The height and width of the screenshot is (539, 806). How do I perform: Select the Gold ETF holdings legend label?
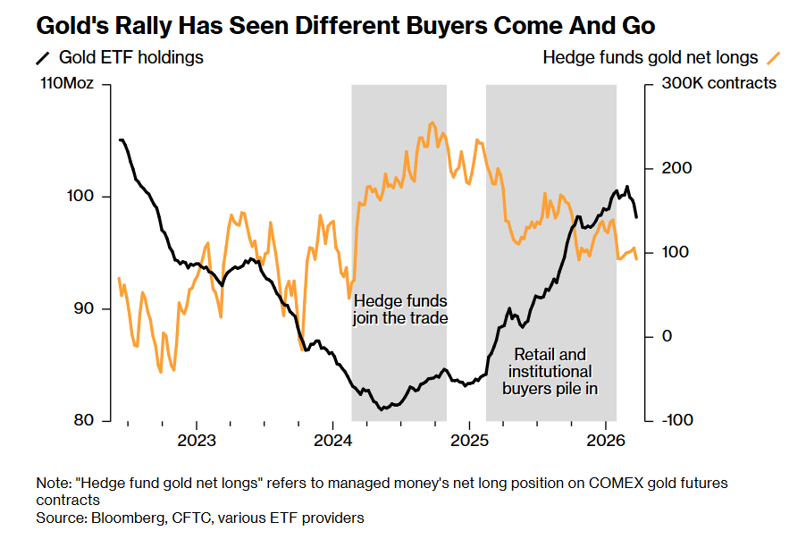(130, 58)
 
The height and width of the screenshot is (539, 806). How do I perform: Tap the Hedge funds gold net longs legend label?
(650, 58)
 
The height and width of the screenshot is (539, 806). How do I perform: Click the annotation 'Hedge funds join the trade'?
(400, 309)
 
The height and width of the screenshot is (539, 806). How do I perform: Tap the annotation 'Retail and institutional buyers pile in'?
(550, 372)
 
